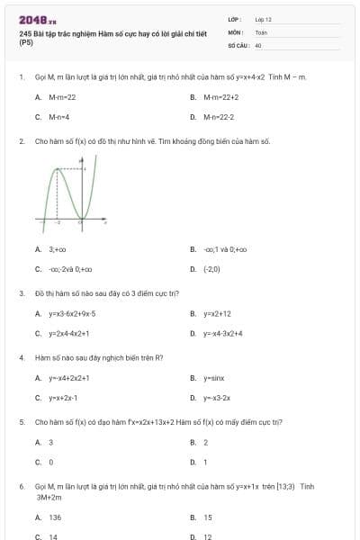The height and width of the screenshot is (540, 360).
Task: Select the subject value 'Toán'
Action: (261, 31)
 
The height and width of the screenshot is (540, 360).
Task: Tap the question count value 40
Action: (258, 44)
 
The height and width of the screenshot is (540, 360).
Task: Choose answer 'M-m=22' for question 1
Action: (62, 96)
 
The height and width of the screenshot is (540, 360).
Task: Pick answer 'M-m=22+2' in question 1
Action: (220, 96)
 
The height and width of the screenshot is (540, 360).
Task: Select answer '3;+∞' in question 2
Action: (58, 249)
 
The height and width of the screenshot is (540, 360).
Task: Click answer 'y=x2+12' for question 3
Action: (217, 313)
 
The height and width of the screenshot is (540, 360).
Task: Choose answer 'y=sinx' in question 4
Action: (212, 378)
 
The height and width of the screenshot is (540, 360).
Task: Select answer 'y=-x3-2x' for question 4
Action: (217, 398)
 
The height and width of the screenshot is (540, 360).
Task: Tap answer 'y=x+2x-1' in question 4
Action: (63, 398)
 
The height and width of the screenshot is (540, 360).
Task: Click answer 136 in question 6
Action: (55, 517)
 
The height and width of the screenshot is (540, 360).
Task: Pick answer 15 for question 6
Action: (208, 517)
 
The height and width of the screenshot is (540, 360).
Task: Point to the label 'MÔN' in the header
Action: (233, 31)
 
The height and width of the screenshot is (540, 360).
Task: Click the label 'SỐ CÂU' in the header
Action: (237, 44)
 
